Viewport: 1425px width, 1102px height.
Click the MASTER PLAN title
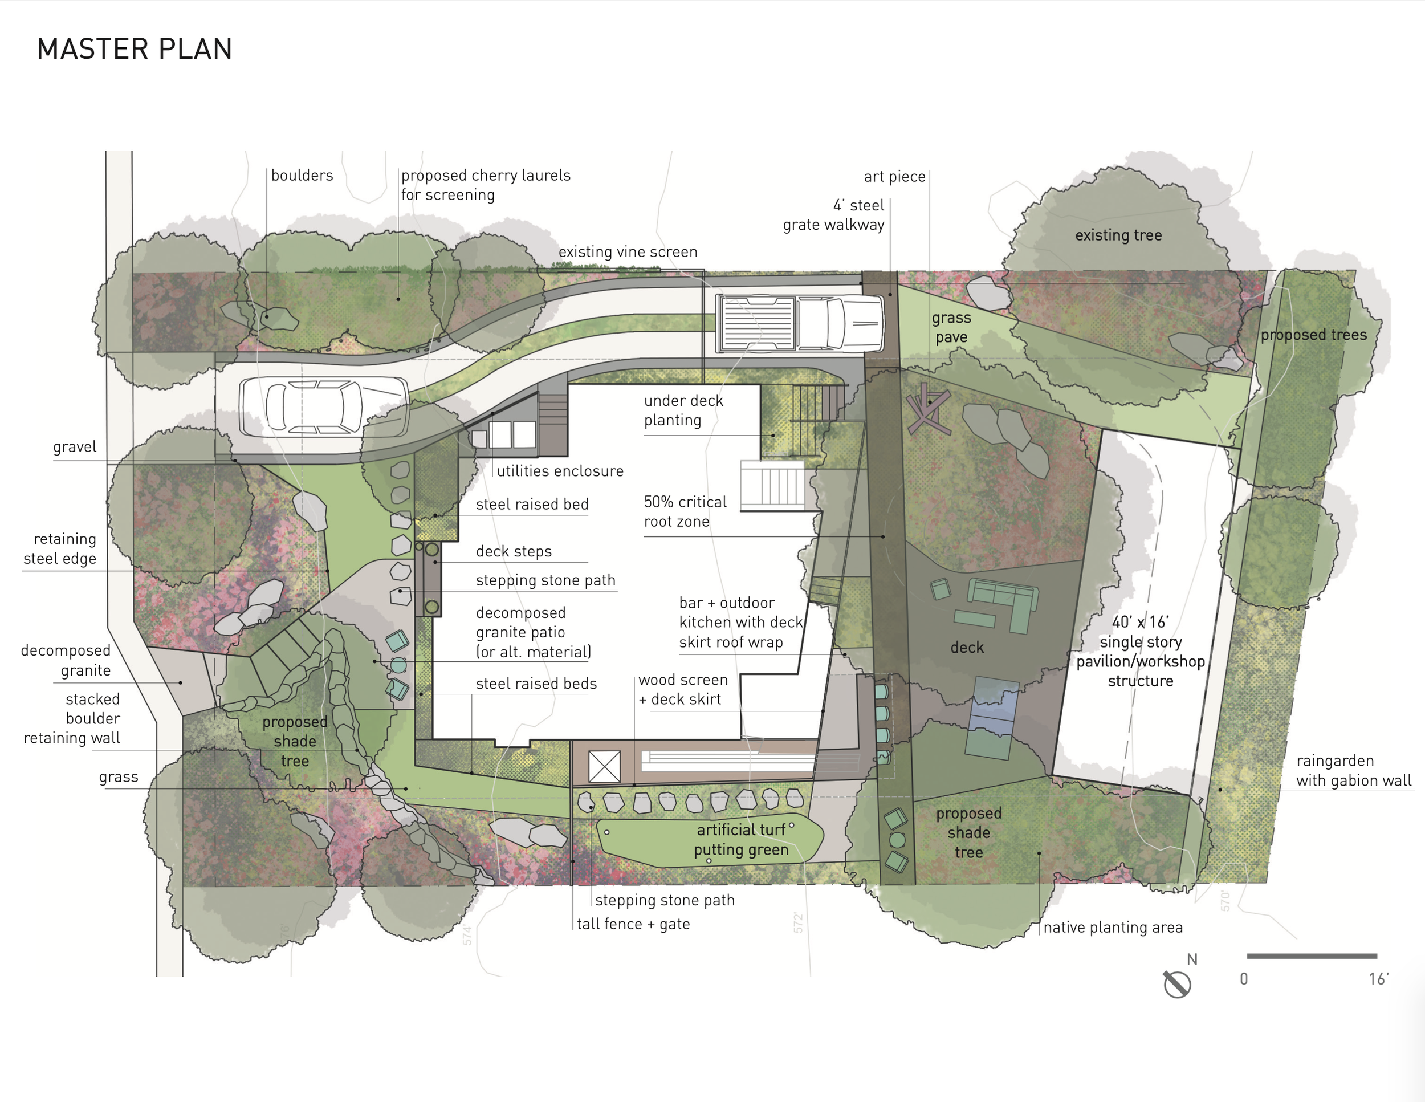click(x=135, y=49)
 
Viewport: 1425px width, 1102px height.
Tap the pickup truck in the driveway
click(x=800, y=324)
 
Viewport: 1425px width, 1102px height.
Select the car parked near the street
click(x=324, y=407)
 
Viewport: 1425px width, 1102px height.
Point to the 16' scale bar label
click(x=1379, y=979)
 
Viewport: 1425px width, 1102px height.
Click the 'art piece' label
click(x=894, y=176)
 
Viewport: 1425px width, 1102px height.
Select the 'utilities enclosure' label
click(x=560, y=471)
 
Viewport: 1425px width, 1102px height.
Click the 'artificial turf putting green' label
click(x=741, y=840)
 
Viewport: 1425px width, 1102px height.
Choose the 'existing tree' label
click(x=1118, y=235)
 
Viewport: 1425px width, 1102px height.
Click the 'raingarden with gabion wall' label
click(x=1353, y=771)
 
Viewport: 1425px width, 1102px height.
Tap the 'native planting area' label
click(x=1113, y=927)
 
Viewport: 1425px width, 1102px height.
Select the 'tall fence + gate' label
click(x=633, y=924)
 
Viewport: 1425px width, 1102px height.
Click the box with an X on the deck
click(x=604, y=766)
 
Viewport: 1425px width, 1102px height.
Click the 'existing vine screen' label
click(x=628, y=252)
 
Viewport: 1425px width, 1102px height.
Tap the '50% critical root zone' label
click(x=685, y=511)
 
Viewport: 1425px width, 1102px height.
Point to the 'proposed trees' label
click(x=1313, y=335)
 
